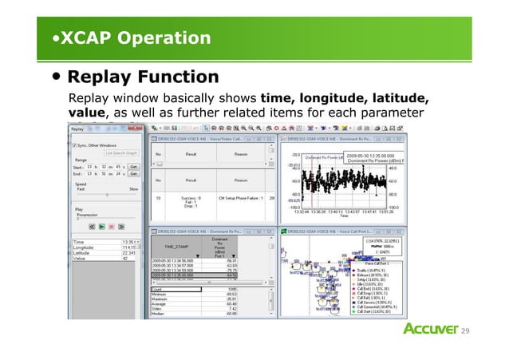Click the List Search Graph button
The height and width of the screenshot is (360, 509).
(120, 152)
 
